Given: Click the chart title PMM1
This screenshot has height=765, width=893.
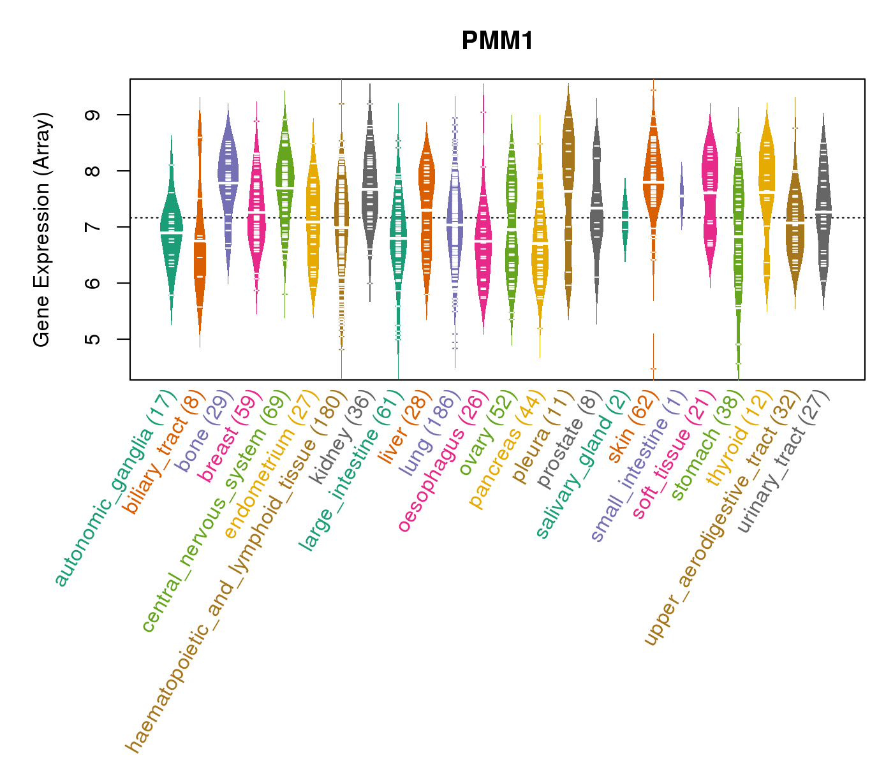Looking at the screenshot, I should (x=497, y=41).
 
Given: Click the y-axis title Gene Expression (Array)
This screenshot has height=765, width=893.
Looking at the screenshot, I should (x=42, y=229).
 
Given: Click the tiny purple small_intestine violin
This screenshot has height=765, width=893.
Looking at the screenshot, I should (x=682, y=194).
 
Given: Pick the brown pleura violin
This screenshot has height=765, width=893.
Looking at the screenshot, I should (x=568, y=191).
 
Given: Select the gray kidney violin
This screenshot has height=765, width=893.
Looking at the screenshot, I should (x=370, y=191).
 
